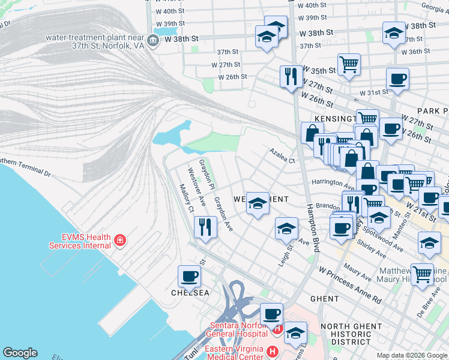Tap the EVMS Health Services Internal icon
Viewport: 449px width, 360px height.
coord(120,241)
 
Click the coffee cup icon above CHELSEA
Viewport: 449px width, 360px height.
coord(189,277)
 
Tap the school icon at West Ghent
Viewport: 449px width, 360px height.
coord(258,205)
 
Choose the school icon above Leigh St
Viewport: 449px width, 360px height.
coord(286,229)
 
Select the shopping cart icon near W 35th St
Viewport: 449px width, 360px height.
coord(349,64)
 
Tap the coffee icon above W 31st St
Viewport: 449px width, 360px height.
coord(397,79)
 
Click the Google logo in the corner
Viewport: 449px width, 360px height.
coord(20,353)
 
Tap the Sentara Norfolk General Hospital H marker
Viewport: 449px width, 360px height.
coord(277,329)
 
